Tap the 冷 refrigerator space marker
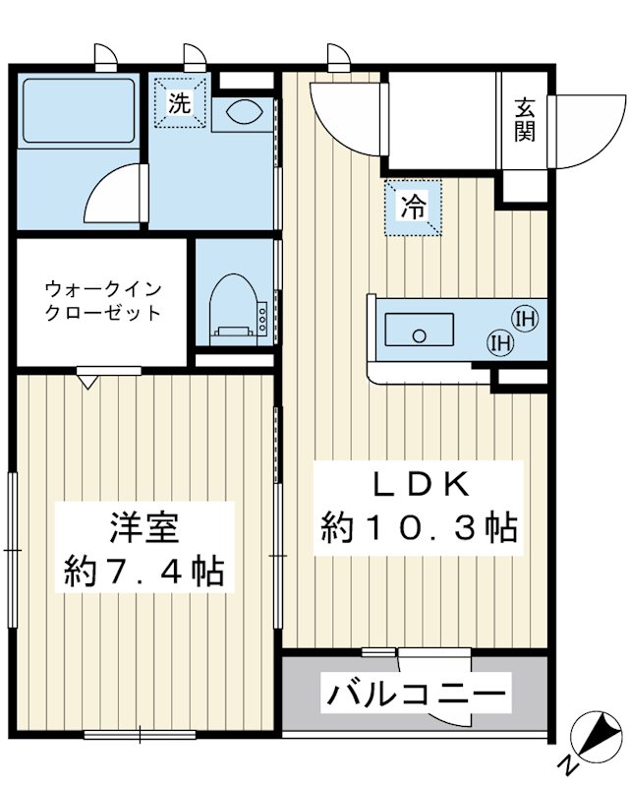[413, 208]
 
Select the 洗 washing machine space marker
[179, 102]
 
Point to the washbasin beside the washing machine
[240, 111]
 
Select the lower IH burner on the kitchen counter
[500, 341]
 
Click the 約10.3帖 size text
[419, 530]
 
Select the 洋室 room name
[143, 528]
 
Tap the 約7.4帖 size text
[143, 570]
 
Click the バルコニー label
[418, 695]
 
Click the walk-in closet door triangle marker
[90, 380]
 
